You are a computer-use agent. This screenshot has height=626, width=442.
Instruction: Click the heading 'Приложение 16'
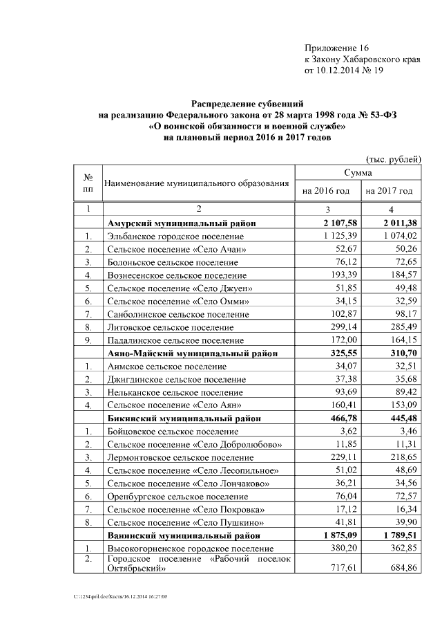(337, 48)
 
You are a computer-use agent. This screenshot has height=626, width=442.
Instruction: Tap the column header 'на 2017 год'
(389, 190)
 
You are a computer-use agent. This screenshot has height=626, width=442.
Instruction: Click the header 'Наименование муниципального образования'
(195, 183)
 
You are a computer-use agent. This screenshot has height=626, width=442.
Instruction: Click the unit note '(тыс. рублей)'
(391, 158)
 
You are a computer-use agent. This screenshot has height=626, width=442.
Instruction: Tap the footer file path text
(122, 596)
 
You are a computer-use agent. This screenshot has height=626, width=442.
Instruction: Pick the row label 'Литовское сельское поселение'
(170, 326)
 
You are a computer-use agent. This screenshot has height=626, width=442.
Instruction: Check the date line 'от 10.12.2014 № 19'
(343, 70)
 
